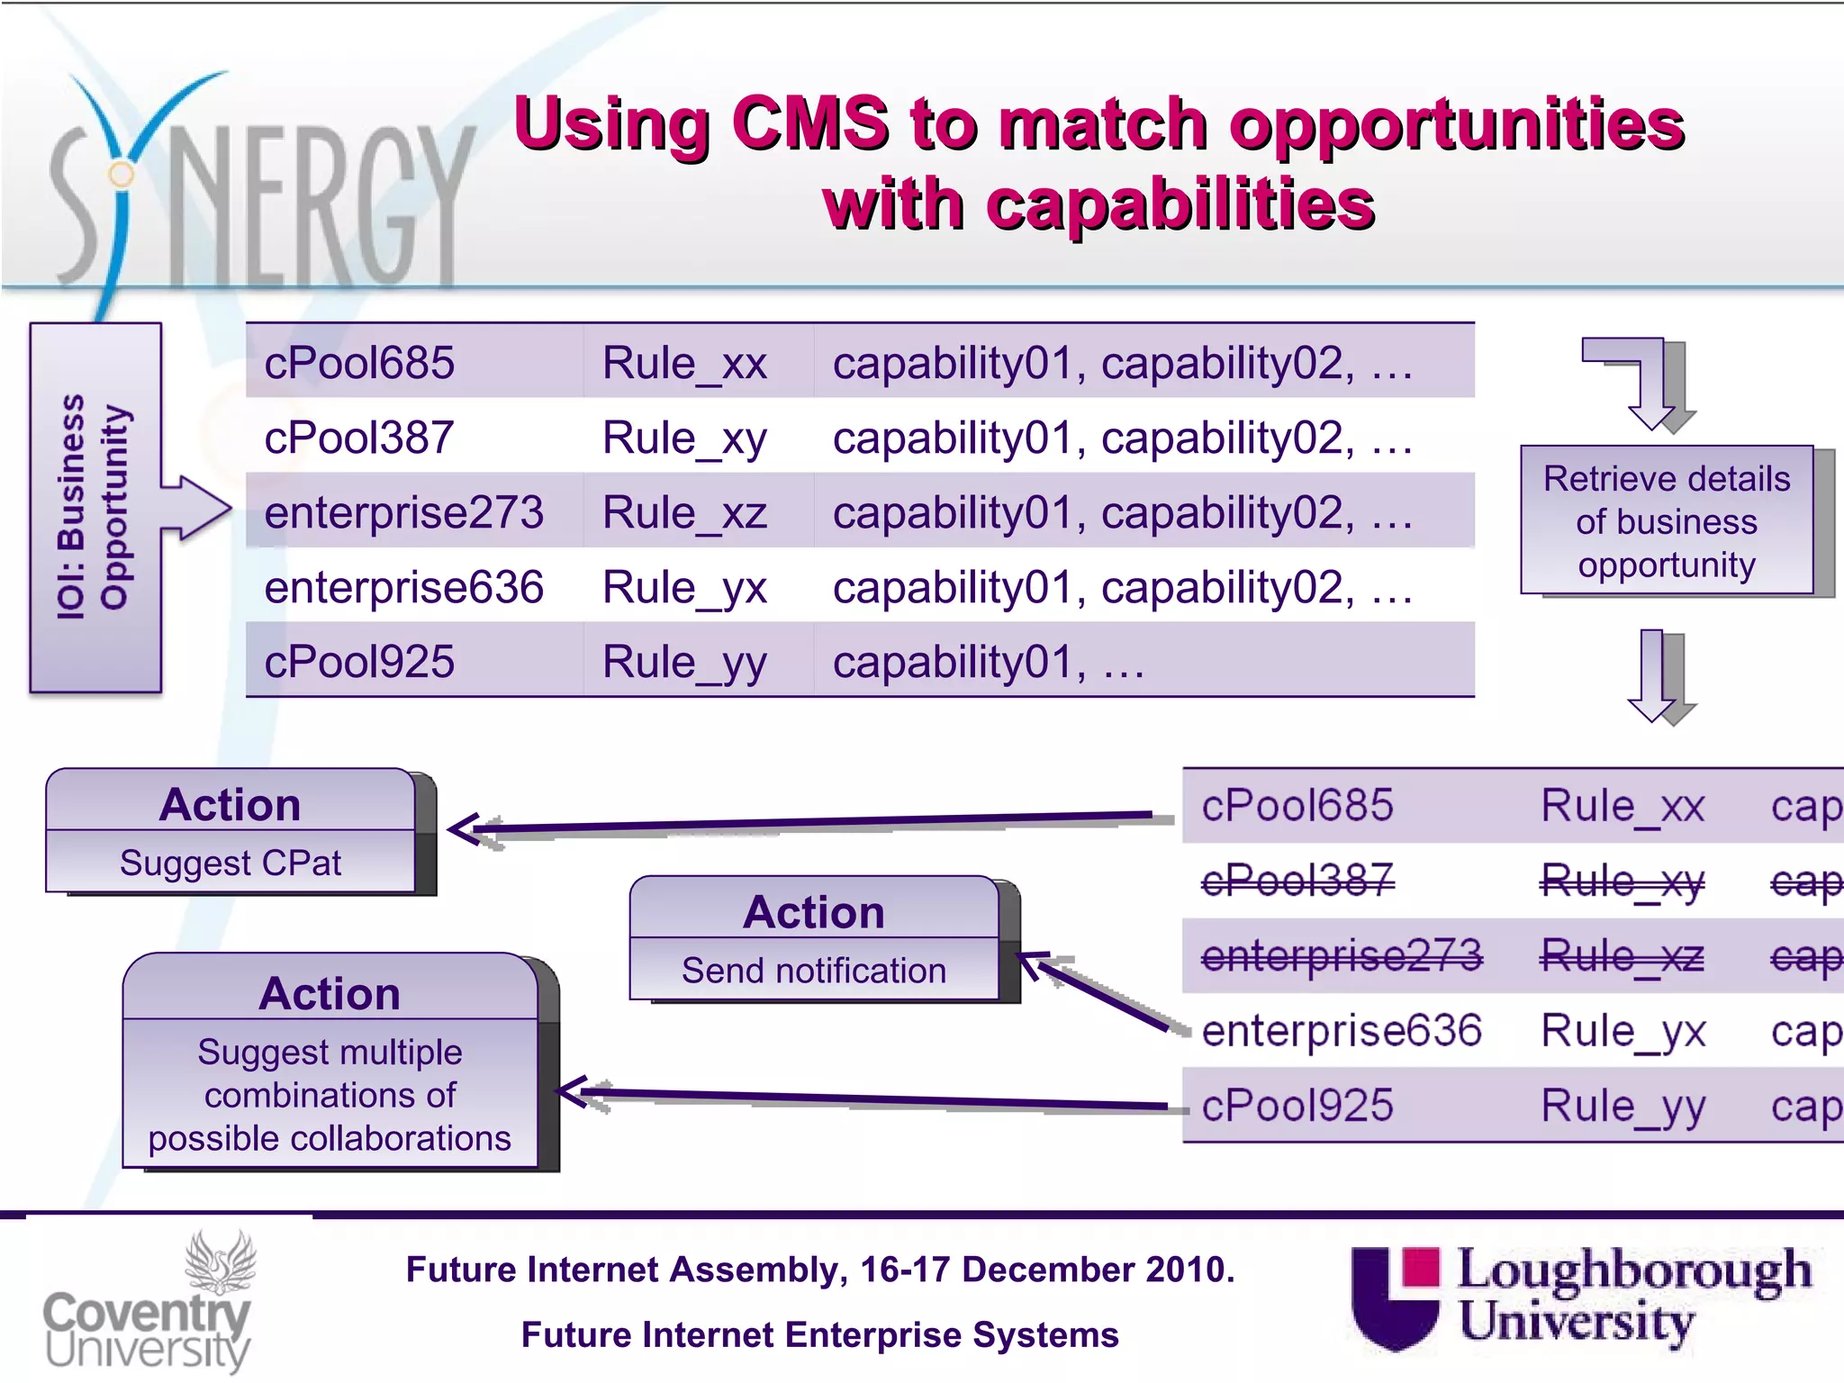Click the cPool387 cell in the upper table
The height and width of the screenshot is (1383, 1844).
[358, 438]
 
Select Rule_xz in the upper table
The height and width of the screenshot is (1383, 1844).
[684, 512]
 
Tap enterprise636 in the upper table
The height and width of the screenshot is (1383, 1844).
[403, 587]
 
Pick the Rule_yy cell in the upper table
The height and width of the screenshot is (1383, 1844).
[684, 662]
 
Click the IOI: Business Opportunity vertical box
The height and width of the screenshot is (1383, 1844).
[95, 507]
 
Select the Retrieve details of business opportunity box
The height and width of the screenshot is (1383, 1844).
[1667, 520]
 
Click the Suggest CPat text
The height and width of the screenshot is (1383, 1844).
[230, 863]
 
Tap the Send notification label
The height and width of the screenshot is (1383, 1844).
[814, 971]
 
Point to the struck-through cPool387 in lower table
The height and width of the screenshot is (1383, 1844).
[1297, 880]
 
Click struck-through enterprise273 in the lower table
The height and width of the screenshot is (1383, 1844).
[1342, 954]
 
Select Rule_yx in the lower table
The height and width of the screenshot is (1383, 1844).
[1623, 1030]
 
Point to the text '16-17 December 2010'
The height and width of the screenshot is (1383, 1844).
[1046, 1270]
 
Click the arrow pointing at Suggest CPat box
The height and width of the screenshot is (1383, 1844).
[801, 823]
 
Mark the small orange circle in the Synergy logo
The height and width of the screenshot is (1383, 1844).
[121, 175]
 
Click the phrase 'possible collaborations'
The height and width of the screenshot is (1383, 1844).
[330, 1138]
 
